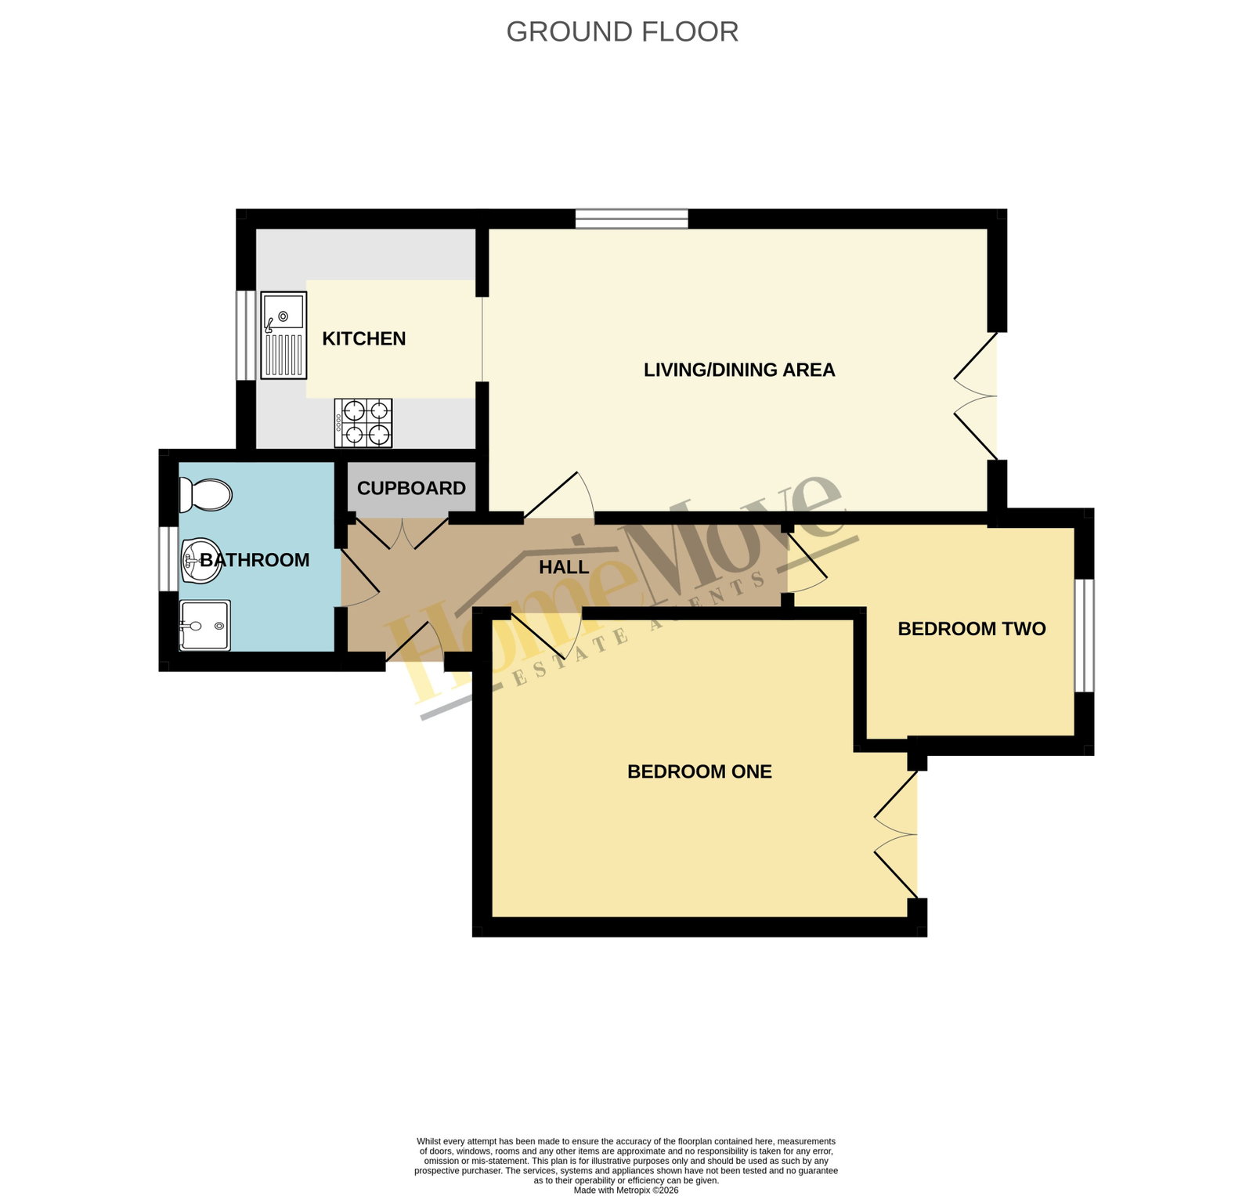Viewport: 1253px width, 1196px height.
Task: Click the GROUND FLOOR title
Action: [622, 32]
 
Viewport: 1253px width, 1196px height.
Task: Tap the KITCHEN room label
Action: [364, 338]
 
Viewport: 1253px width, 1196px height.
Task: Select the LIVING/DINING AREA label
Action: [739, 370]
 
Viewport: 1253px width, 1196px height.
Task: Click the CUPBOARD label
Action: [411, 488]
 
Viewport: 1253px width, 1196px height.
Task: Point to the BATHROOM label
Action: [255, 560]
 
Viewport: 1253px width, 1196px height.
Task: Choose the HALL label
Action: [564, 567]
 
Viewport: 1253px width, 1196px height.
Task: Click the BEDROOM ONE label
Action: [699, 771]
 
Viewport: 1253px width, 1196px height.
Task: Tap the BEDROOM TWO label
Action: [972, 629]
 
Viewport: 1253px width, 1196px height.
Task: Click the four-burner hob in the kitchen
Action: [363, 423]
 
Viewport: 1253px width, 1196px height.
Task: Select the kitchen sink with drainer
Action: [283, 335]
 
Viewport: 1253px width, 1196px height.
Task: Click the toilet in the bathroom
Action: [205, 494]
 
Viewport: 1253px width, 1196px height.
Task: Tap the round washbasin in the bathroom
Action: [201, 561]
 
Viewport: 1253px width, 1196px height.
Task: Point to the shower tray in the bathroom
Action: [204, 625]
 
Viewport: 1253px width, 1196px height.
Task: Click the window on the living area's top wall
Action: [632, 219]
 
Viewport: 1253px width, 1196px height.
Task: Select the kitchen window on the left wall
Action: [247, 335]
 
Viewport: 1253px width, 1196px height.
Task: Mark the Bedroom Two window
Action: [1084, 635]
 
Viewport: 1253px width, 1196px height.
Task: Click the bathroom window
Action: [168, 558]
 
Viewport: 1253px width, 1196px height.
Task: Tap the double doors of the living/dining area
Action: [976, 396]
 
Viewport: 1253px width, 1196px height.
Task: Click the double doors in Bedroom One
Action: [896, 834]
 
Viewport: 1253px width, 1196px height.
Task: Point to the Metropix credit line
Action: [626, 1191]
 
